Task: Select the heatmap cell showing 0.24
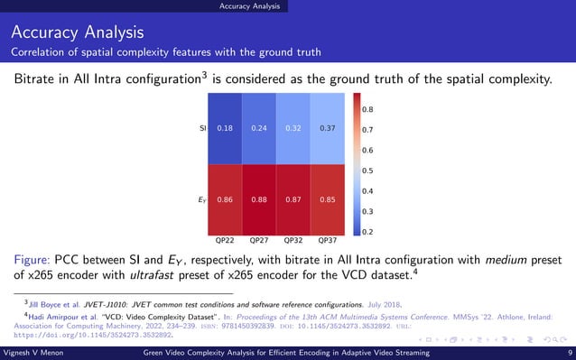click(260, 128)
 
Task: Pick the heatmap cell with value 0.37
click(329, 128)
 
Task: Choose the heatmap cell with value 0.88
click(260, 198)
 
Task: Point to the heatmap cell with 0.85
click(329, 198)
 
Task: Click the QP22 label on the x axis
click(226, 241)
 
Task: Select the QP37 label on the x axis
click(329, 241)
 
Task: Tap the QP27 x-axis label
click(260, 241)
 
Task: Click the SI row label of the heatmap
click(202, 128)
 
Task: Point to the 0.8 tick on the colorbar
click(368, 109)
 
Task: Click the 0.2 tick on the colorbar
click(368, 232)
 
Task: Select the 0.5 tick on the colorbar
click(368, 171)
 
